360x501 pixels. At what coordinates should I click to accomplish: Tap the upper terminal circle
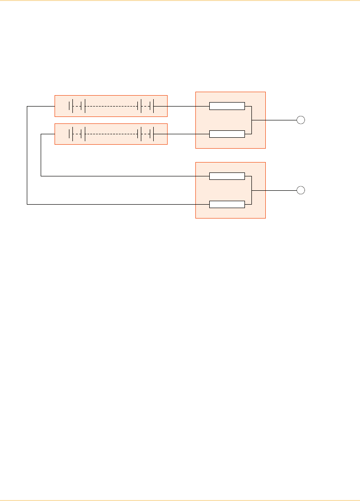(300, 120)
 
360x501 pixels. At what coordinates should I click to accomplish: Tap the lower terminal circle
(300, 190)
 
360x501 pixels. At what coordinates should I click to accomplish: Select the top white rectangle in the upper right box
(227, 106)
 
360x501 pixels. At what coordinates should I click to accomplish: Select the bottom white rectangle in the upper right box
(227, 134)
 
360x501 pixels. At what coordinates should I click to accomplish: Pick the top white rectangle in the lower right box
(227, 176)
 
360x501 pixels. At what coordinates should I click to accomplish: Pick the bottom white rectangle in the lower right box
(227, 204)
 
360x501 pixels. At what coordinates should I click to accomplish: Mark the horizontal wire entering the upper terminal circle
(275, 120)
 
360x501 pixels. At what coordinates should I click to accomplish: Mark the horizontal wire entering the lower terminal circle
(275, 190)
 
